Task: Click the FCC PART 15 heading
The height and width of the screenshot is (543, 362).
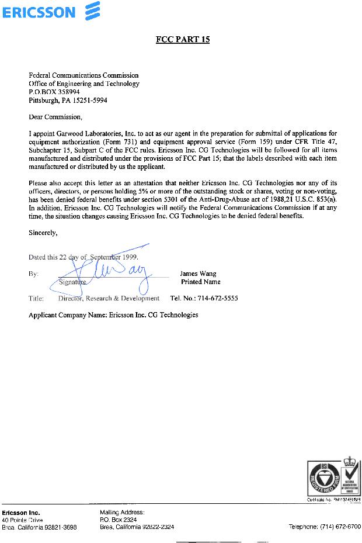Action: (182, 40)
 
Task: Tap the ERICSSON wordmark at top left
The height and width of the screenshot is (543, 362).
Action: (39, 12)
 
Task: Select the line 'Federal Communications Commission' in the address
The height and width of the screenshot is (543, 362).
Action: (83, 75)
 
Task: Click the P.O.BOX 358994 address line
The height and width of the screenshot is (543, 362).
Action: (54, 92)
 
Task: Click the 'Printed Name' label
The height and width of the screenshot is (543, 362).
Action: (200, 282)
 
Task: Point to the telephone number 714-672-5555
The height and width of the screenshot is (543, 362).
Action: (204, 298)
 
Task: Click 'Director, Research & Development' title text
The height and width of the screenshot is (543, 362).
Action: (109, 298)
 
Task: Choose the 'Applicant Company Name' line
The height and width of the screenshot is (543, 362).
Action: (113, 315)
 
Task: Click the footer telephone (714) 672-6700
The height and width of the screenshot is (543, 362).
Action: (325, 527)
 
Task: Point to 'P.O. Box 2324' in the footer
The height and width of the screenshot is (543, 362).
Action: (119, 520)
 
